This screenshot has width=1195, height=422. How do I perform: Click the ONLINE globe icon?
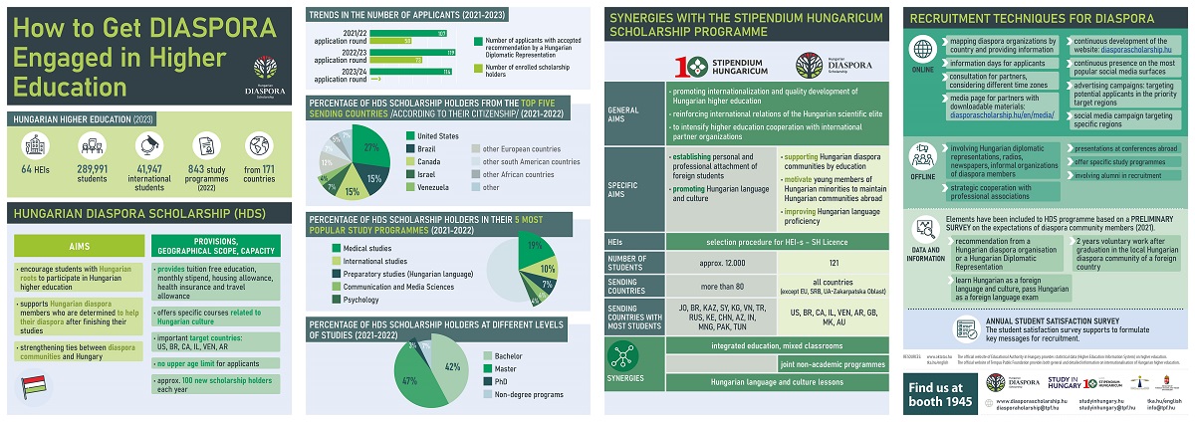[922, 51]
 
